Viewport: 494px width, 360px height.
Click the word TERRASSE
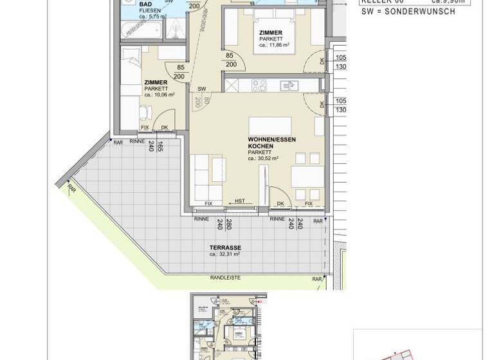pyautogui.click(x=225, y=248)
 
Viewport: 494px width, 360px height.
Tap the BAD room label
pyautogui.click(x=145, y=4)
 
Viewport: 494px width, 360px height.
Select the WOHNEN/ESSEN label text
pyautogui.click(x=272, y=139)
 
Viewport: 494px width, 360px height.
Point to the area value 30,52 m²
pyautogui.click(x=266, y=159)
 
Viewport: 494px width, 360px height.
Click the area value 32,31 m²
pyautogui.click(x=224, y=255)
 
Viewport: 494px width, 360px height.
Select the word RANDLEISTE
pyautogui.click(x=225, y=278)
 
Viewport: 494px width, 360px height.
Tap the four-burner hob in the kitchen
pyautogui.click(x=259, y=85)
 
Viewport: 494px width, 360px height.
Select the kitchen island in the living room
pyautogui.click(x=270, y=125)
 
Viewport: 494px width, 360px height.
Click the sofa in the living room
pyautogui.click(x=206, y=176)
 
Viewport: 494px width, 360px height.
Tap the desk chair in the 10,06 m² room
pyautogui.click(x=145, y=113)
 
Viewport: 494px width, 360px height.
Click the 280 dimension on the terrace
pyautogui.click(x=228, y=224)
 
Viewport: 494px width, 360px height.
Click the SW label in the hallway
pyautogui.click(x=201, y=89)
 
